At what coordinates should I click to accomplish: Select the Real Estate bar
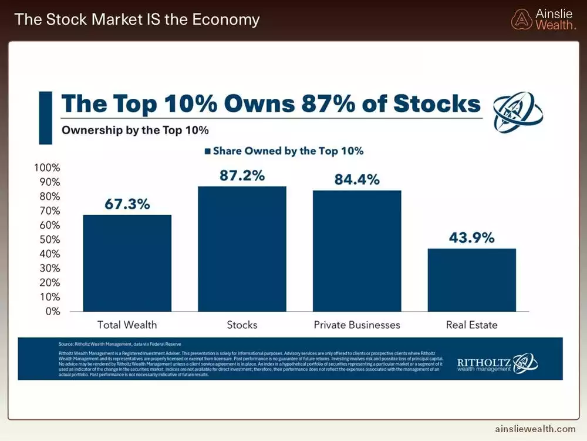point(471,280)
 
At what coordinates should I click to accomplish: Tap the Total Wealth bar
point(127,263)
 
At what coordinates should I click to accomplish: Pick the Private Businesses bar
point(357,251)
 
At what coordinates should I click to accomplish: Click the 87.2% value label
point(242,175)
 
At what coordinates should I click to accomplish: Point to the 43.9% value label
point(471,238)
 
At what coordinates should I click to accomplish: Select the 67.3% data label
point(127,204)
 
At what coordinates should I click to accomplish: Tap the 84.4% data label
point(357,179)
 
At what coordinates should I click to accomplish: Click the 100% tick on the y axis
point(48,168)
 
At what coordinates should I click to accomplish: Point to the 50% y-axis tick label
point(50,239)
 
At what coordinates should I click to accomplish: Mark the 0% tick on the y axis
point(53,311)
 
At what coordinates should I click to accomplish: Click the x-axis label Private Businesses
point(357,325)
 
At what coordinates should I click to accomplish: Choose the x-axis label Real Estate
point(471,325)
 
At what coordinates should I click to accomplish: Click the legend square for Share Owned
point(207,151)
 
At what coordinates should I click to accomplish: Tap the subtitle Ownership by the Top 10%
point(136,130)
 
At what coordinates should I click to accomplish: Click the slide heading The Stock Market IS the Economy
point(137,19)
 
